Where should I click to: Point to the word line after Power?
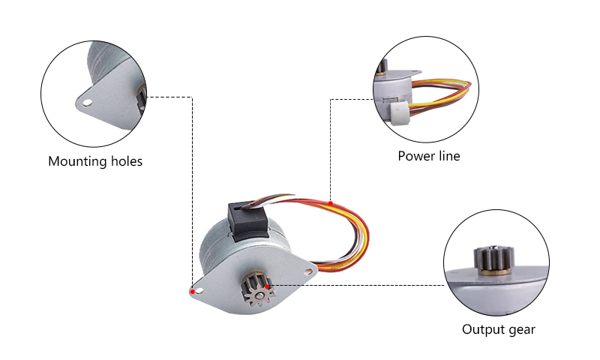coord(448,157)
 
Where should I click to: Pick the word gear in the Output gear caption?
coord(521,329)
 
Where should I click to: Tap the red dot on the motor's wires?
coord(331,202)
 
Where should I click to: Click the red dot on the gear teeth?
coord(268,286)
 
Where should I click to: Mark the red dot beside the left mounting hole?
coord(193,291)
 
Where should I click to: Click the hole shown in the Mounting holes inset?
coord(87,102)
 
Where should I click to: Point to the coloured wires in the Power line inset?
coord(446,94)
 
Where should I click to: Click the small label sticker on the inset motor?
coord(387,98)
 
